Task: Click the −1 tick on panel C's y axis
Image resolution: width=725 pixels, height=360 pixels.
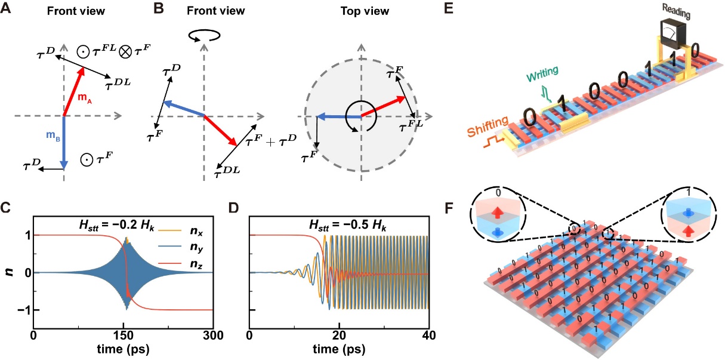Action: [21, 309]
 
